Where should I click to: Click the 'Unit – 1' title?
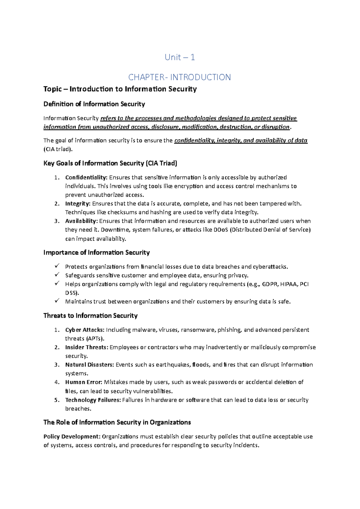[x=180, y=57]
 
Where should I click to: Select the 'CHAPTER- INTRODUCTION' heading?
[x=179, y=77]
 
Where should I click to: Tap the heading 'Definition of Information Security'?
[x=94, y=104]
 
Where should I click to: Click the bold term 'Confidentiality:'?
[x=86, y=177]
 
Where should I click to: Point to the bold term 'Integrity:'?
[x=78, y=203]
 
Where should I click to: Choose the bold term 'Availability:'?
[x=81, y=221]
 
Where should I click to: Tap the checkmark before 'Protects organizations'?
[x=57, y=266]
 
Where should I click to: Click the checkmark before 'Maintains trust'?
[x=57, y=301]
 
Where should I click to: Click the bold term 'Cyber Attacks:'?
[x=85, y=330]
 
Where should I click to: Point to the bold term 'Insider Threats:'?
[x=86, y=347]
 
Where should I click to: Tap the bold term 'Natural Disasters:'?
[x=89, y=365]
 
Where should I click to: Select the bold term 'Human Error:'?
[x=84, y=382]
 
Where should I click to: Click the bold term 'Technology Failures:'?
[x=93, y=400]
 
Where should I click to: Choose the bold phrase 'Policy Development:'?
[x=72, y=436]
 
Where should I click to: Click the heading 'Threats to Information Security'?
[x=90, y=316]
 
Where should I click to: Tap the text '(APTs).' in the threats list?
[x=85, y=339]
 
